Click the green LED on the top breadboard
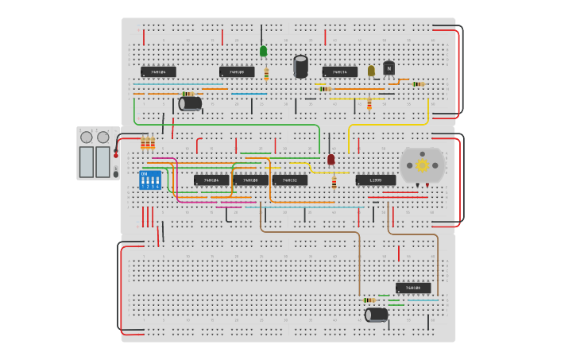263,52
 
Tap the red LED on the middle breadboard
331,159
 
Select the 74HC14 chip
339,72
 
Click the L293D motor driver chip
375,180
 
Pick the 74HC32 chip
290,180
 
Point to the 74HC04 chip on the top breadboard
158,72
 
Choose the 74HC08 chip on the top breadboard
237,72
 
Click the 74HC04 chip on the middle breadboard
211,180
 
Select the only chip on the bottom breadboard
413,288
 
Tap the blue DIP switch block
150,180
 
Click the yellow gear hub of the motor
423,165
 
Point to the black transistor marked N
389,68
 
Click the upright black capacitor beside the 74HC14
300,66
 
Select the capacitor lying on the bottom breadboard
377,315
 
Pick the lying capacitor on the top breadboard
191,103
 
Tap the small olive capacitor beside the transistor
371,71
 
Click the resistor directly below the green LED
266,75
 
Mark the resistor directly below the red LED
334,182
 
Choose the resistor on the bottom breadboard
369,300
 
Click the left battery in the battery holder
87,161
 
